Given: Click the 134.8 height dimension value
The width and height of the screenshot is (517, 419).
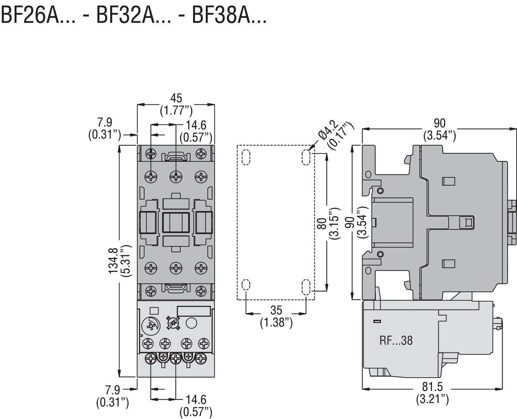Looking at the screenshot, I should pyautogui.click(x=113, y=261).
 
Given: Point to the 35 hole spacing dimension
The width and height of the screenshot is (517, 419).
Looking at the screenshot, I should pyautogui.click(x=276, y=310).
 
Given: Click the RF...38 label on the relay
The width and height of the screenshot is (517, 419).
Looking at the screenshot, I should pyautogui.click(x=396, y=341).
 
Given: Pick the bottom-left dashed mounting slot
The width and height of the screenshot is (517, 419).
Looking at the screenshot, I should pyautogui.click(x=246, y=285).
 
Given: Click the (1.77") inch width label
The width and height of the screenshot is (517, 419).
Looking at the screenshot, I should pyautogui.click(x=176, y=111).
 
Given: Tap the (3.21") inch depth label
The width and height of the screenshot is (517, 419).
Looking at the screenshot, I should pyautogui.click(x=433, y=399).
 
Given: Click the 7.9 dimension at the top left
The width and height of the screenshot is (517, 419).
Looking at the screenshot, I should pyautogui.click(x=104, y=122).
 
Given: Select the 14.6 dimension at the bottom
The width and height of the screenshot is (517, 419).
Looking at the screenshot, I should pyautogui.click(x=196, y=400).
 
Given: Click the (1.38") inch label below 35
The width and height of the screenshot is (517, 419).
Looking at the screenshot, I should pyautogui.click(x=276, y=323).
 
